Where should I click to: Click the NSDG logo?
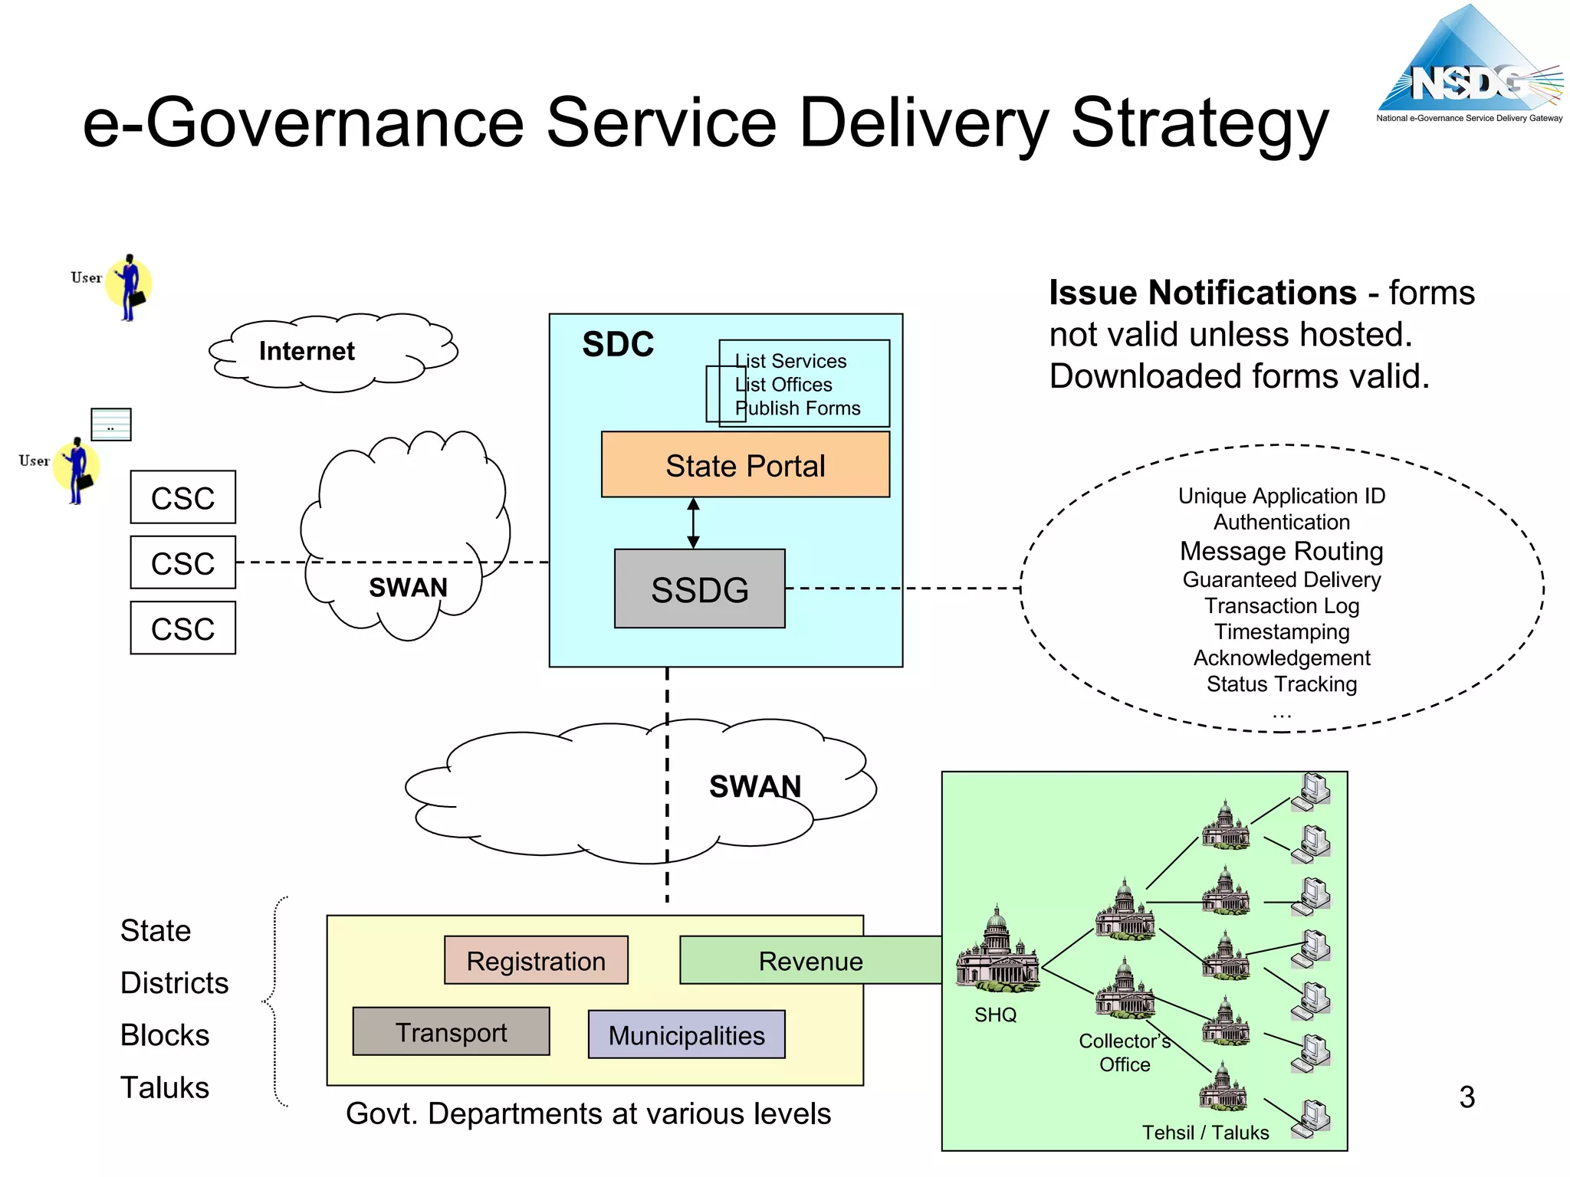[x=1469, y=69]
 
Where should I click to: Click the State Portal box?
[x=745, y=465]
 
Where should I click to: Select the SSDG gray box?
[x=699, y=589]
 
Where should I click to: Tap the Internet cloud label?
[x=307, y=351]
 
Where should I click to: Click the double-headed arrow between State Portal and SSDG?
[x=693, y=523]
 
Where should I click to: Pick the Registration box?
[x=536, y=960]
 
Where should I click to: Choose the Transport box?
[x=451, y=1032]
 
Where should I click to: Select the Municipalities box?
[x=686, y=1035]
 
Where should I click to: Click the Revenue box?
[x=810, y=961]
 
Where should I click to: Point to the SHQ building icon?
[x=997, y=950]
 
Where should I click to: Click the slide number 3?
[x=1467, y=1097]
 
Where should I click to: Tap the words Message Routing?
[x=1281, y=551]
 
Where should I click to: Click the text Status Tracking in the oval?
[x=1281, y=684]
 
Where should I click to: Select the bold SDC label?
[x=618, y=344]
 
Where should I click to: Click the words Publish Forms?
[x=797, y=408]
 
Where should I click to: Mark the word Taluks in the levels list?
[x=164, y=1087]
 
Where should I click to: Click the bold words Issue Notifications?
[x=1202, y=293]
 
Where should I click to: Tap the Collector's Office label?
[x=1124, y=1052]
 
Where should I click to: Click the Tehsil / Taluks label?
[x=1205, y=1133]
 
